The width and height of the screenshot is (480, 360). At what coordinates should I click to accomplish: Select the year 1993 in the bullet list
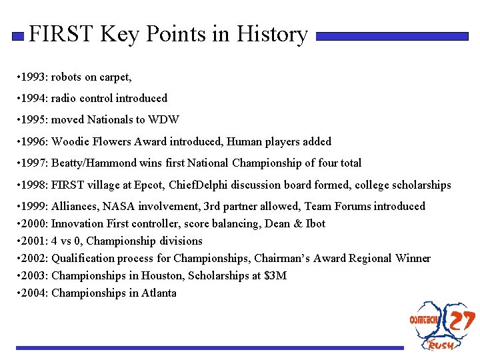(33, 77)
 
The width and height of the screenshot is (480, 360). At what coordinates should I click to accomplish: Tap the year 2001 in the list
(33, 241)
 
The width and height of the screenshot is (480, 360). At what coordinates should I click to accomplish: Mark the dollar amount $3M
(274, 275)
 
